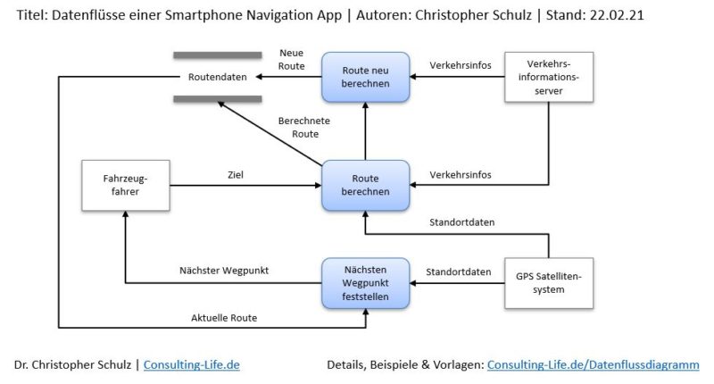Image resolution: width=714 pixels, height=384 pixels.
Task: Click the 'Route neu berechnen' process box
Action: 366,77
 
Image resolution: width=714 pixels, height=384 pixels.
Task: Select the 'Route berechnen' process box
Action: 366,186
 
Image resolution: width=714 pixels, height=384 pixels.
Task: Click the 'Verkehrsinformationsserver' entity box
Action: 548,77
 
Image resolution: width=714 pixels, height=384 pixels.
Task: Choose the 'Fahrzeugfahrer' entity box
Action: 124,186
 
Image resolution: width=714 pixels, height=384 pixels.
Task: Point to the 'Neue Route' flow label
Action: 292,60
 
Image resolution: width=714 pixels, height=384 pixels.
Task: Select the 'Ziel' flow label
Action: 236,175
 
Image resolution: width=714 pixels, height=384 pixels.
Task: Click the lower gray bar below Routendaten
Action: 217,98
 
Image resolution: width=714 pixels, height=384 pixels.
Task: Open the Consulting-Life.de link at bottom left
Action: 192,364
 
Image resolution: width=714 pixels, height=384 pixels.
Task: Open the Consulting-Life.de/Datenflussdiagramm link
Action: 593,364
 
